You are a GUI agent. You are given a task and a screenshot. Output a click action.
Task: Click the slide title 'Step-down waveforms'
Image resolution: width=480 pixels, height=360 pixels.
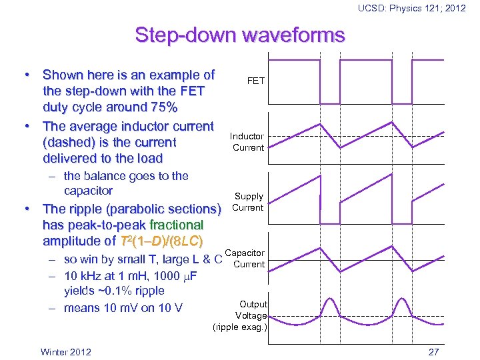(240, 35)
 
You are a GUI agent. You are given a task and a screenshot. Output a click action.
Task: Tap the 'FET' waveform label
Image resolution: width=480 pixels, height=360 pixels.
(256, 81)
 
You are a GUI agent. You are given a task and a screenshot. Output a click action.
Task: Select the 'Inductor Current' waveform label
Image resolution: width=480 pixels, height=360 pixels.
(247, 142)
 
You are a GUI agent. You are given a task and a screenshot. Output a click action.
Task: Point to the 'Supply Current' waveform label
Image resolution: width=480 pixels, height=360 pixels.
(248, 202)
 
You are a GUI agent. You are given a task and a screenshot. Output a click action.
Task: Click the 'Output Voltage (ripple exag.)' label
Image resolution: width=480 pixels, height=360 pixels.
(241, 316)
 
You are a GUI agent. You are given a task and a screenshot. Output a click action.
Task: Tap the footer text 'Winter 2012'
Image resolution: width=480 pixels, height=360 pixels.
(66, 352)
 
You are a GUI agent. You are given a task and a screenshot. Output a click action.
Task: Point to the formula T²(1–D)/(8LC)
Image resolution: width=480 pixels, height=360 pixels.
(160, 241)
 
